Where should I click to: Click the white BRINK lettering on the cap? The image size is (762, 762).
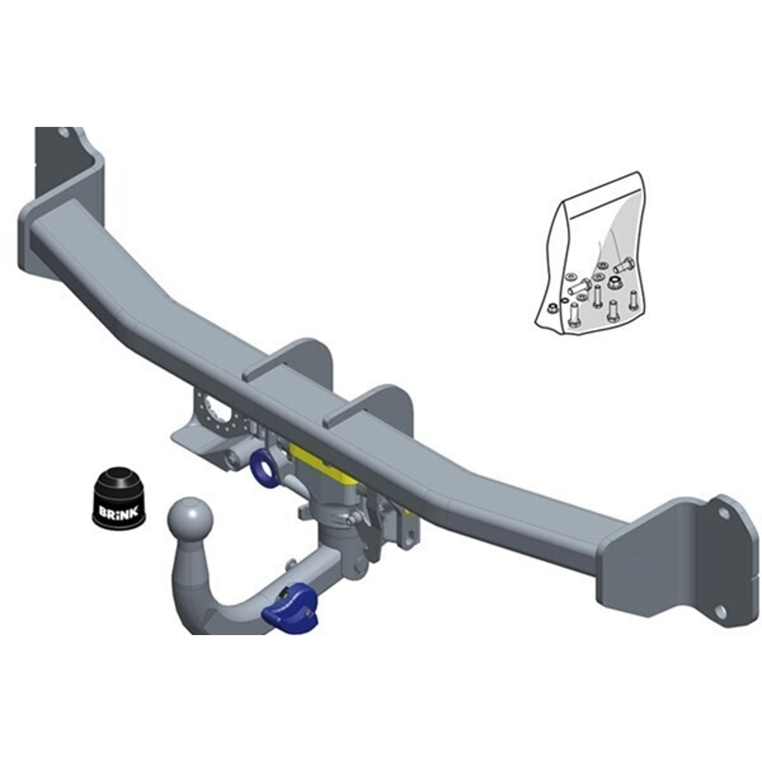click(118, 512)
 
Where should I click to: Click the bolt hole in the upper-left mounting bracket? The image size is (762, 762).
click(63, 133)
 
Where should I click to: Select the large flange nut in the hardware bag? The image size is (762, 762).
click(613, 283)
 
